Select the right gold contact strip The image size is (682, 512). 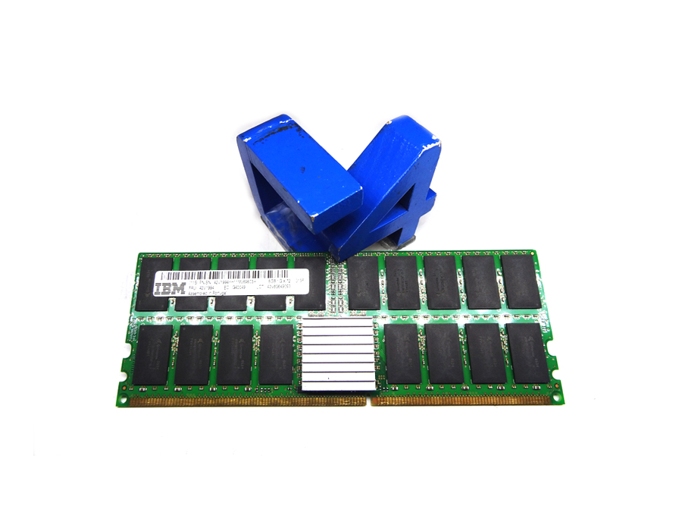(x=462, y=399)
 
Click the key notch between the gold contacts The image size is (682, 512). (x=369, y=399)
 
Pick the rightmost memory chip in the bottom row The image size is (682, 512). (x=528, y=353)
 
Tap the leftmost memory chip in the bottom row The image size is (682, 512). (x=155, y=353)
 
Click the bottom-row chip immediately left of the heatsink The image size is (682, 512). (x=276, y=353)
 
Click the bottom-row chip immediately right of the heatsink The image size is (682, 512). (x=402, y=353)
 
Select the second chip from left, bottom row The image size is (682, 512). (x=195, y=353)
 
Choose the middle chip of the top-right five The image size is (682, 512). (x=443, y=281)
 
